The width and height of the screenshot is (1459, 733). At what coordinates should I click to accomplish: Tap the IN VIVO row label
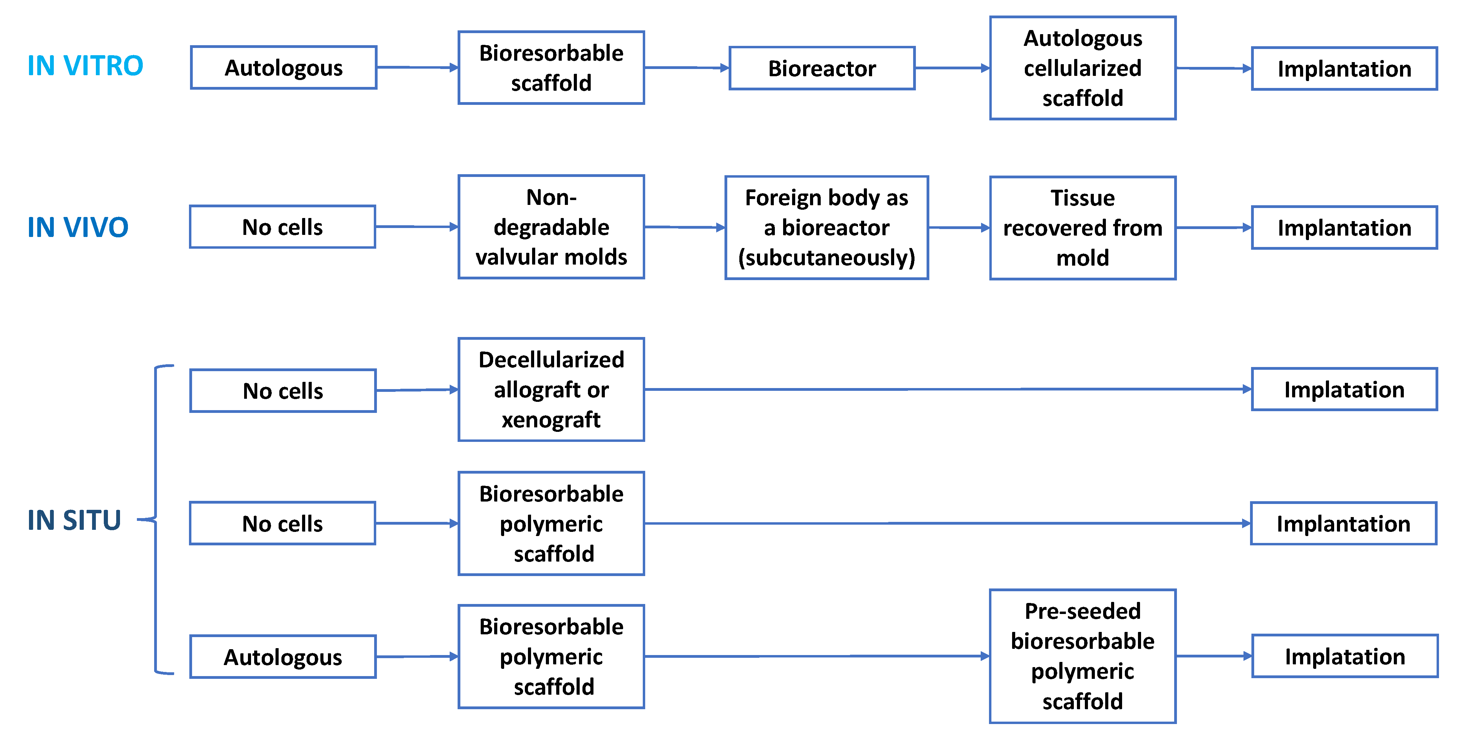coord(78,227)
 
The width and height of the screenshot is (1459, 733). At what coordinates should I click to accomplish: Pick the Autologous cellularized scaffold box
coord(1082,68)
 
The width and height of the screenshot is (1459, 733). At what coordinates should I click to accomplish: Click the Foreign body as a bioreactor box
coord(826,228)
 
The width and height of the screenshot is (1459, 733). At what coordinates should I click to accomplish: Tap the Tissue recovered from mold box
coord(1082,228)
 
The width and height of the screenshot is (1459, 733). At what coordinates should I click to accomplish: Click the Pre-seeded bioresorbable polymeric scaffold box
coord(1082,656)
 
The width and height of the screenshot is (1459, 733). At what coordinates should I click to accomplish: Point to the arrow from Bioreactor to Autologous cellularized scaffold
coord(952,68)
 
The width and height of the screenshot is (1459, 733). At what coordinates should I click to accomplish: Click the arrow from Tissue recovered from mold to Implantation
coord(1213,228)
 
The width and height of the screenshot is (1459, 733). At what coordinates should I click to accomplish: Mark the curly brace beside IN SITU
coord(156,519)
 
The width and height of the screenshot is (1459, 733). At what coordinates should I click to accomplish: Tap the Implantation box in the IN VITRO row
coord(1344,69)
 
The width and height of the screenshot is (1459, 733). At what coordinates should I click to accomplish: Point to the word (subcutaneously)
coord(826,258)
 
